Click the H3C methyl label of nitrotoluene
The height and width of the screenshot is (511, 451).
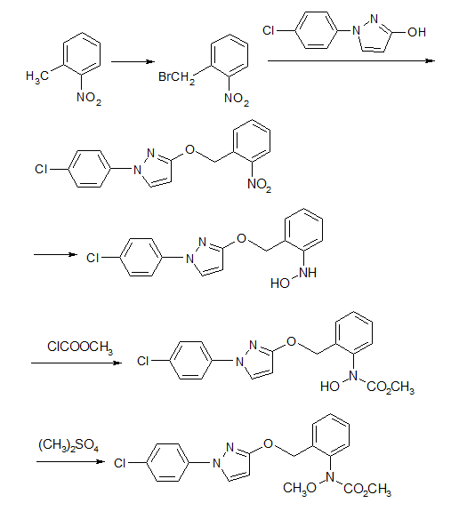pyautogui.click(x=37, y=77)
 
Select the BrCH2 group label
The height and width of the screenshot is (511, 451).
pyautogui.click(x=176, y=78)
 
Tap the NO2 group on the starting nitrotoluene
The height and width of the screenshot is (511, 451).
pyautogui.click(x=89, y=98)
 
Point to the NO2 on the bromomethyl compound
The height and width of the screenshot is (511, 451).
pyautogui.click(x=237, y=99)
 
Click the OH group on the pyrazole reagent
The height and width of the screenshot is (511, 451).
pyautogui.click(x=416, y=32)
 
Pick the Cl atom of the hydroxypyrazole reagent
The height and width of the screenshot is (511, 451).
pyautogui.click(x=268, y=30)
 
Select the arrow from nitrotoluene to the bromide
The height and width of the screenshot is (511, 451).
pyautogui.click(x=133, y=61)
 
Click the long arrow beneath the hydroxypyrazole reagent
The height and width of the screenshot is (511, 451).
pyautogui.click(x=351, y=60)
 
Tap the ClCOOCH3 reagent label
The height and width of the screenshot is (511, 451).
pyautogui.click(x=80, y=347)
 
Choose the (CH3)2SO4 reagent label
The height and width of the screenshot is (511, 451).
pyautogui.click(x=68, y=445)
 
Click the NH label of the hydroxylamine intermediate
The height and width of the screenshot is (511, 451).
pyautogui.click(x=308, y=273)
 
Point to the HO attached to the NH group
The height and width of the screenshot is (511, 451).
pyautogui.click(x=280, y=283)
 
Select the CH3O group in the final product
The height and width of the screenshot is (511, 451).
pyautogui.click(x=300, y=488)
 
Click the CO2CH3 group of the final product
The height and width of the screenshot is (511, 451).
pyautogui.click(x=367, y=489)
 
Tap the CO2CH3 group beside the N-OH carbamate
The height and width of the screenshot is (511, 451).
pyautogui.click(x=391, y=387)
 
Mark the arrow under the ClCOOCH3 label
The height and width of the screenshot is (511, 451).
pyautogui.click(x=77, y=363)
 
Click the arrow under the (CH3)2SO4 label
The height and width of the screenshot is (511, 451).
pyautogui.click(x=70, y=461)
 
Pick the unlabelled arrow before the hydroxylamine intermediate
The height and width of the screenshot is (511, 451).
pyautogui.click(x=55, y=254)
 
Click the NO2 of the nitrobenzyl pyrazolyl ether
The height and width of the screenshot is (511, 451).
pyautogui.click(x=259, y=185)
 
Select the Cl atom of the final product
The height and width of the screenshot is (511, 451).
pyautogui.click(x=120, y=463)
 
